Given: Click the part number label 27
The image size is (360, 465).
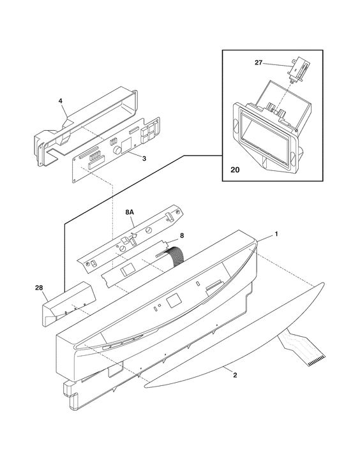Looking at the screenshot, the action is [x=259, y=63].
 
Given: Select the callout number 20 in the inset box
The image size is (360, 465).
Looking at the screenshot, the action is [x=235, y=170].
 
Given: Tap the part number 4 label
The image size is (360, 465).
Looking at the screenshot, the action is [x=61, y=101].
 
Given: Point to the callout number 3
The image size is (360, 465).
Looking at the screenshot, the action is [x=144, y=158].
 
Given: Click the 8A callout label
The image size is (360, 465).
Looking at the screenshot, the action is [x=130, y=212].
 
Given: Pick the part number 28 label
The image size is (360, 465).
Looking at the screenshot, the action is [x=39, y=288].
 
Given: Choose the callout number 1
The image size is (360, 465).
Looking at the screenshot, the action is [x=276, y=234].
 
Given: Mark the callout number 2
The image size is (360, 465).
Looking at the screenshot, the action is [x=235, y=375].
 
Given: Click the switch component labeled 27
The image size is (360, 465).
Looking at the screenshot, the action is [x=297, y=70].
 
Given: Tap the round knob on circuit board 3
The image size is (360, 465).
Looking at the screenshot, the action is [x=117, y=150].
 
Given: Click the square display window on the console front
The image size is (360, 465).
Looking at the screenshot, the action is [x=174, y=301].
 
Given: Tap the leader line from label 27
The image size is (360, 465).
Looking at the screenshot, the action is [x=276, y=64].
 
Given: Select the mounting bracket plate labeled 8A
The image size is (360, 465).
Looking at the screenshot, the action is [x=130, y=236].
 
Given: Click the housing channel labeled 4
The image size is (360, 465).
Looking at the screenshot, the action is [x=86, y=126].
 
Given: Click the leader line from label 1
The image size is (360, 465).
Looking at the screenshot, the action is [x=265, y=238].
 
